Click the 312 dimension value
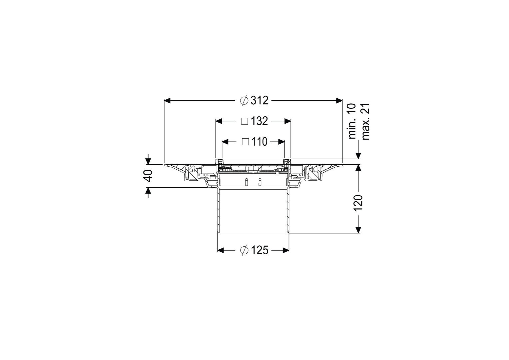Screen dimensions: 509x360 [259, 101]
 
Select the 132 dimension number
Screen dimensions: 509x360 [260, 121]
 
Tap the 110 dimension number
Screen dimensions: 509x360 [259, 142]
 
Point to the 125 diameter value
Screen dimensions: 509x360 [260, 251]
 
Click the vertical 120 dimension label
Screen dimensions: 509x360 [358, 202]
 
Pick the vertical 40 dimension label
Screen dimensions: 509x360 [148, 176]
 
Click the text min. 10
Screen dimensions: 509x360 [352, 121]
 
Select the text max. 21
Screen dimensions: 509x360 [366, 121]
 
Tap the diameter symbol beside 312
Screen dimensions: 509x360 [244, 101]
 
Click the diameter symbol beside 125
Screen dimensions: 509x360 [244, 251]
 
